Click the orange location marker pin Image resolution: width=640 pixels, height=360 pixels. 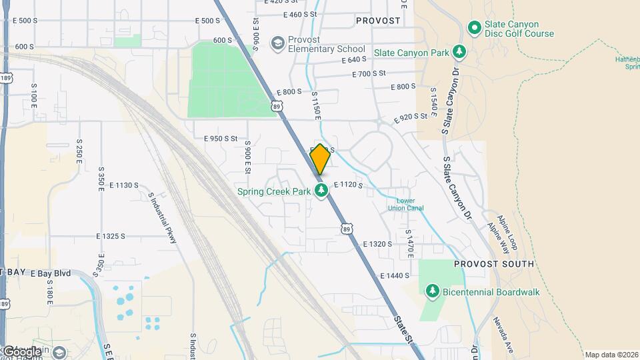[320, 159]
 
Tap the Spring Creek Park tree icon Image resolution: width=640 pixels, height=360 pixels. [322, 191]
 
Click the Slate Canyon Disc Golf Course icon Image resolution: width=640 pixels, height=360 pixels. [474, 28]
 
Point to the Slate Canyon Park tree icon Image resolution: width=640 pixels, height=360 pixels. [459, 51]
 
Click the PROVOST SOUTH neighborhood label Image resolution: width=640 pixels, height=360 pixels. [493, 264]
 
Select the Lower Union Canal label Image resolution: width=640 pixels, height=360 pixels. [406, 204]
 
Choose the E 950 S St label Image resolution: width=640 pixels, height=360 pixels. [221, 139]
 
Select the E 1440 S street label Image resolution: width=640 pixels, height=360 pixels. [394, 275]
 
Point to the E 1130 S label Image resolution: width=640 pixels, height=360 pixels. [124, 185]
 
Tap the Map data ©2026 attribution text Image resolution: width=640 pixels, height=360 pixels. [611, 355]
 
